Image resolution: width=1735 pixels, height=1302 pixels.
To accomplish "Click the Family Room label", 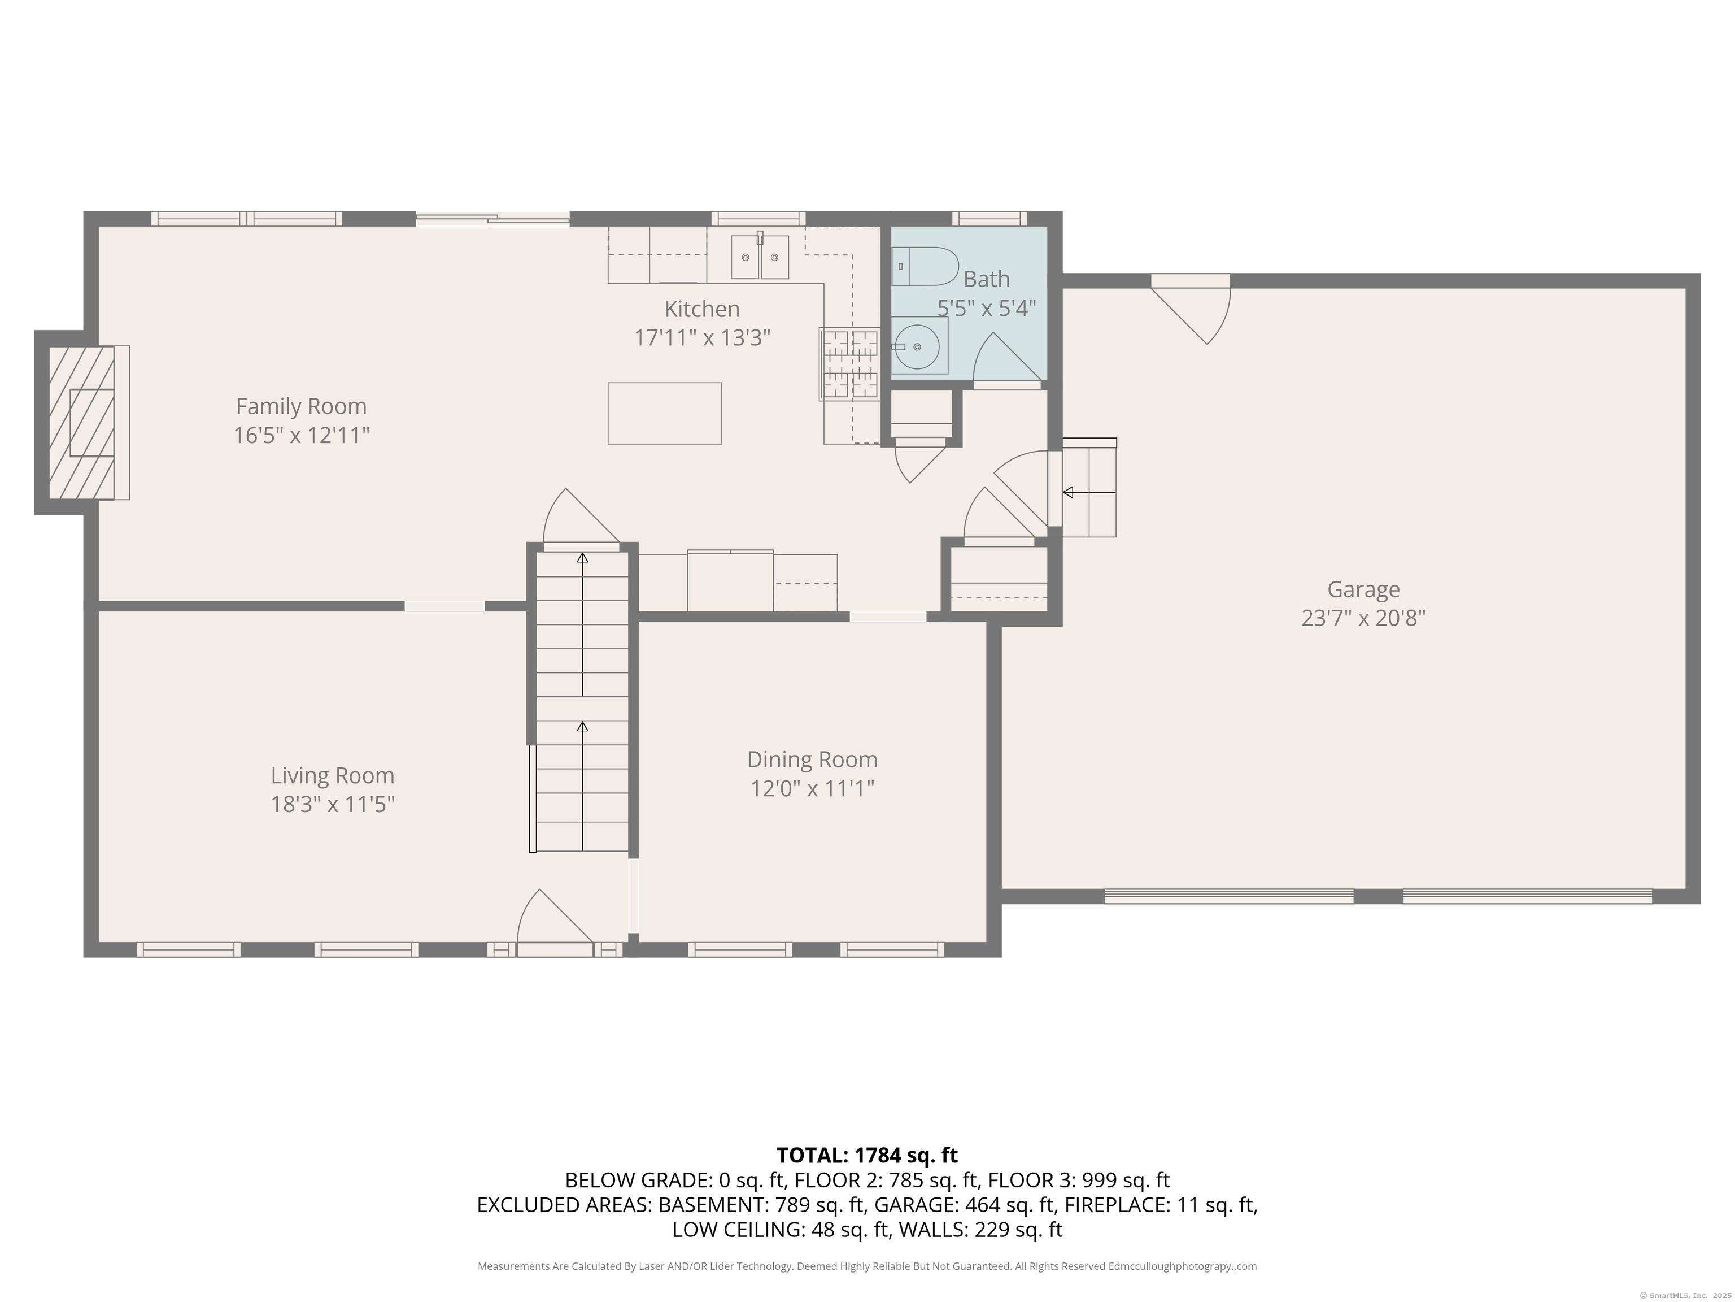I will [x=301, y=406].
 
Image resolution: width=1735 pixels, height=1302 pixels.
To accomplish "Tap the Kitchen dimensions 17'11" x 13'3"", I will [x=702, y=337].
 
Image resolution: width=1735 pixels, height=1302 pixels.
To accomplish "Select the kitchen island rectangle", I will [x=664, y=413].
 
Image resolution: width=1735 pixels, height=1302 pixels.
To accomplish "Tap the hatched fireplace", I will [x=81, y=422].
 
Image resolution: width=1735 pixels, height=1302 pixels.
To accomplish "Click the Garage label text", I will [x=1363, y=589].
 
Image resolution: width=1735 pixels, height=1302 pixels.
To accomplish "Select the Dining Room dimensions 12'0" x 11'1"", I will [x=812, y=788].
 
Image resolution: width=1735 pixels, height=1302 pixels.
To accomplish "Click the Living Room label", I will [x=333, y=775].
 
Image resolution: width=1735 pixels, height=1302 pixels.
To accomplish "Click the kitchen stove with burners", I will [x=849, y=364].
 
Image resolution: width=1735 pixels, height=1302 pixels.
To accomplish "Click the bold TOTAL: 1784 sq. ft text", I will [x=867, y=1155].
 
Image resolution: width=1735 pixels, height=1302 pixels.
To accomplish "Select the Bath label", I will [x=986, y=279].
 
